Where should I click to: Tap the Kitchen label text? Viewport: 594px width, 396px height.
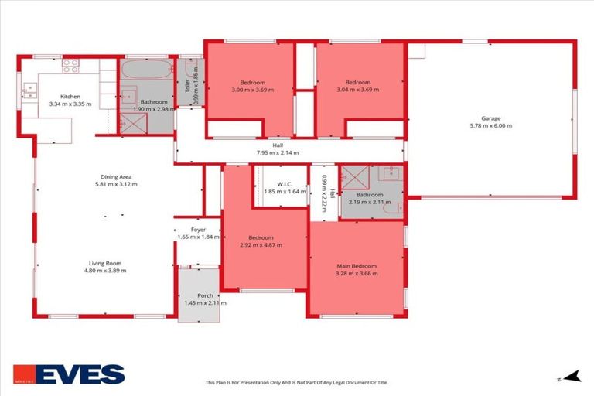tap(70, 97)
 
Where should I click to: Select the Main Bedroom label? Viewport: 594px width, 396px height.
tap(356, 266)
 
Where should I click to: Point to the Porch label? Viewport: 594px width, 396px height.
tap(205, 295)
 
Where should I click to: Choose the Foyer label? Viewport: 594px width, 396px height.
tap(199, 230)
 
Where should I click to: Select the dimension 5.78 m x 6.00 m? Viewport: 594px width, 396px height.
tap(491, 126)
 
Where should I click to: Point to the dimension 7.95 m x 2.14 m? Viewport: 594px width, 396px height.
tap(277, 152)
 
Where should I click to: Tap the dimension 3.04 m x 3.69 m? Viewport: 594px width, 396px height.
tap(358, 90)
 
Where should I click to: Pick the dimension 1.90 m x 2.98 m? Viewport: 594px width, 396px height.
tap(155, 109)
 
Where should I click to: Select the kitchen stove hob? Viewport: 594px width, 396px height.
tap(70, 66)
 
